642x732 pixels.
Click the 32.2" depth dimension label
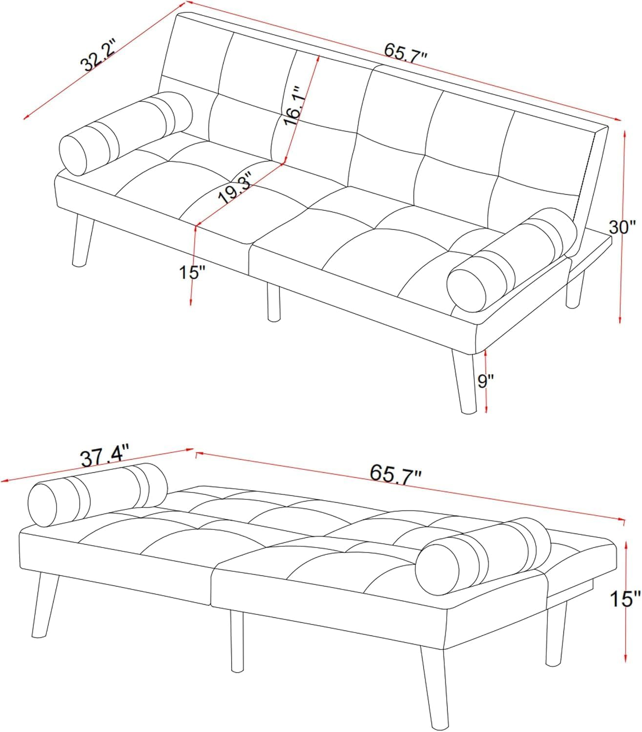pyautogui.click(x=99, y=57)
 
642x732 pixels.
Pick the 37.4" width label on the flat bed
pyautogui.click(x=105, y=458)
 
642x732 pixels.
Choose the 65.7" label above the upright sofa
pyautogui.click(x=406, y=51)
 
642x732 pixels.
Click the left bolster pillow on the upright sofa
pyautogui.click(x=125, y=133)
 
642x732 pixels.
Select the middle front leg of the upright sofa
pyautogui.click(x=273, y=303)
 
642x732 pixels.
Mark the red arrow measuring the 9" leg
pyautogui.click(x=486, y=381)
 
